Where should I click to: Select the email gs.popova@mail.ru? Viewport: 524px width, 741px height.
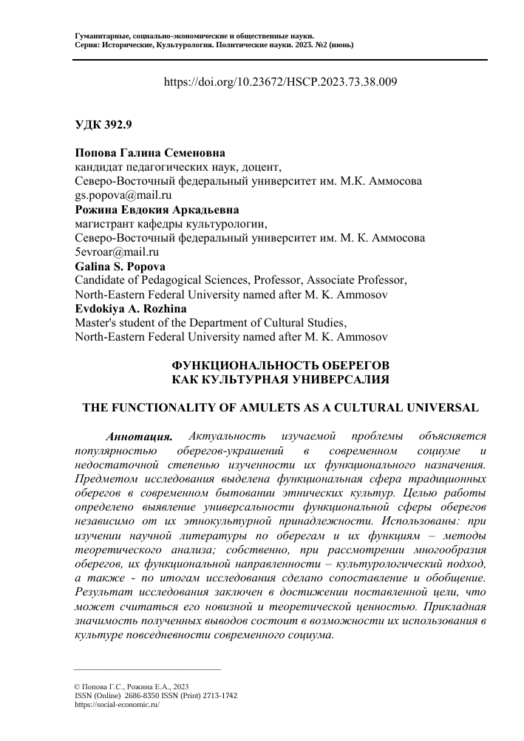(x=123, y=196)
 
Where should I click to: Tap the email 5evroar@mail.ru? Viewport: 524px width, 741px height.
(x=118, y=252)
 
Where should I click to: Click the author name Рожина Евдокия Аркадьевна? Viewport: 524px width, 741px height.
(x=157, y=210)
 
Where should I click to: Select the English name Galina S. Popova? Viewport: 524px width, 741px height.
(x=120, y=266)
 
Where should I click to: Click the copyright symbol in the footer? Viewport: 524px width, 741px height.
(x=78, y=687)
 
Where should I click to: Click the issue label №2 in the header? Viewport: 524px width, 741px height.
(x=308, y=44)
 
